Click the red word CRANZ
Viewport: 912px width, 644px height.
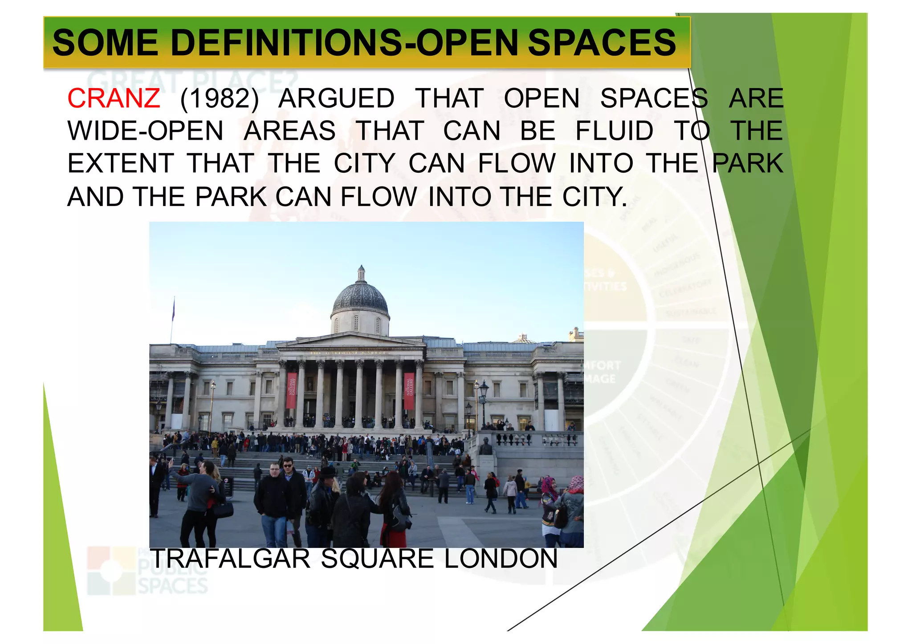(x=114, y=98)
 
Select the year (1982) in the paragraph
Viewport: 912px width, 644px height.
(x=219, y=98)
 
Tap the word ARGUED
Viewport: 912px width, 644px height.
(x=336, y=98)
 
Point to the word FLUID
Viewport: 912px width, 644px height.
(x=614, y=131)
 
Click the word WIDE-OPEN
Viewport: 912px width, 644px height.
(x=145, y=131)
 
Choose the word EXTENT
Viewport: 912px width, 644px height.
(x=120, y=163)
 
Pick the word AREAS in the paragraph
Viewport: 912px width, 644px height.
(x=289, y=131)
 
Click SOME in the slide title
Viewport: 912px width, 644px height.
(x=105, y=43)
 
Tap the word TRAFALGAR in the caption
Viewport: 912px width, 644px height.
(x=230, y=559)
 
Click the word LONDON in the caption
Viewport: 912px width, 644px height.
(x=501, y=559)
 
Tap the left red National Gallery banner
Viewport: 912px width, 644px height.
(x=291, y=390)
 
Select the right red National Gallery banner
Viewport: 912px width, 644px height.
(x=409, y=390)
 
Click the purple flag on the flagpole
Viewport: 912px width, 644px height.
(x=173, y=309)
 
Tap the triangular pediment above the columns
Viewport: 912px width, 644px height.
(x=350, y=340)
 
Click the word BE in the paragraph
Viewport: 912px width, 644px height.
(x=537, y=131)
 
